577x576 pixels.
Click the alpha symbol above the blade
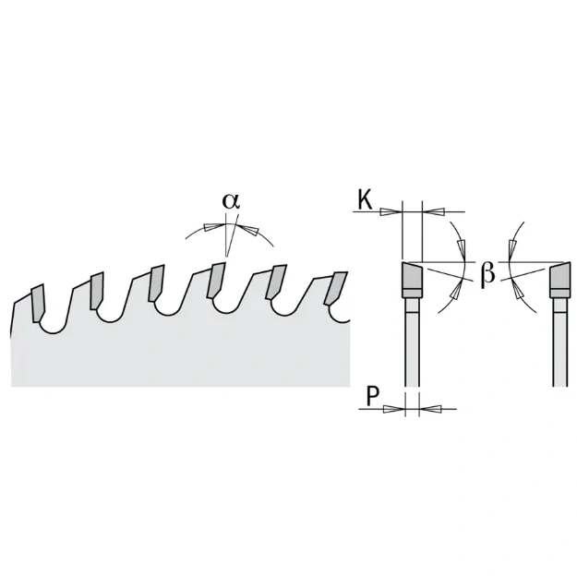point(231,200)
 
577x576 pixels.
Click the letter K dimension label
point(366,200)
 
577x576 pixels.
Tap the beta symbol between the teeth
point(487,273)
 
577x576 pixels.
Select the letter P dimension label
point(372,396)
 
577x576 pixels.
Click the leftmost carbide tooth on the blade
point(38,304)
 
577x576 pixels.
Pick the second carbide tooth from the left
point(97,291)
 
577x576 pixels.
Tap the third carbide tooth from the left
point(156,282)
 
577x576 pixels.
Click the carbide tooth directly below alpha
point(216,280)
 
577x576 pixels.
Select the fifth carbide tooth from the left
point(276,282)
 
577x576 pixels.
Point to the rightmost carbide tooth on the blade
point(335,289)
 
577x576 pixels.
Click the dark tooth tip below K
point(412,275)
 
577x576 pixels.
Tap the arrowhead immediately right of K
point(434,212)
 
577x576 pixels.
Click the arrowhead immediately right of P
point(430,409)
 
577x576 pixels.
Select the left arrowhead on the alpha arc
point(213,226)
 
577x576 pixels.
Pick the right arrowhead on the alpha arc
point(246,229)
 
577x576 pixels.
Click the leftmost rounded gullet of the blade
point(53,325)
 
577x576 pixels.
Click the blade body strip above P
point(412,342)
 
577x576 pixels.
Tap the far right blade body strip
point(560,342)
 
